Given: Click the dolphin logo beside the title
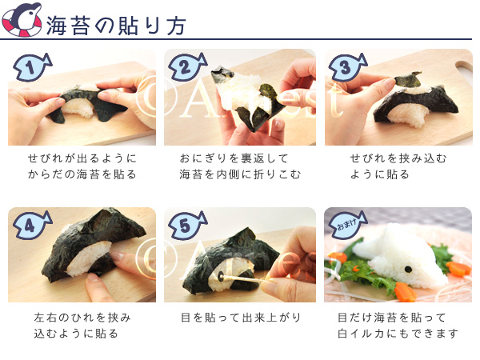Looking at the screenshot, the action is pos(22,19).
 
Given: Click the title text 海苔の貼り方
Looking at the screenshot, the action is pos(116,26).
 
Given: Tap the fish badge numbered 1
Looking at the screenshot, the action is pos(32,67).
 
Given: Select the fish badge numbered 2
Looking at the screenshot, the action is pos(187,67).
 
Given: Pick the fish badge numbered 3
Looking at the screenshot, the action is pos(348,67).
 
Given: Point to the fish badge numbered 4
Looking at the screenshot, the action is pos(32,226).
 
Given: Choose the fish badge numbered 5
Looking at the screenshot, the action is pos(187,226).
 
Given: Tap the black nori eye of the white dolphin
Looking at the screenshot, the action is pos(408,269).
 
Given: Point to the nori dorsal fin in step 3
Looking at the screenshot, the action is pos(408,78).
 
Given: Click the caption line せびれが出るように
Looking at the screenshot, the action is pos(82,158).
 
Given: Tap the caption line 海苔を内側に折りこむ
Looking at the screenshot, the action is pos(240,174).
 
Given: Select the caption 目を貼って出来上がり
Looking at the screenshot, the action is pos(241,318).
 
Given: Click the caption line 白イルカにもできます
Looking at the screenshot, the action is pos(398,334).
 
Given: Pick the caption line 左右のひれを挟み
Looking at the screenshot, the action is pos(82,318).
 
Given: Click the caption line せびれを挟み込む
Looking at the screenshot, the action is pos(398,158).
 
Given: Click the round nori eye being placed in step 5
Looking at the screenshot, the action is pos(221,277).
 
